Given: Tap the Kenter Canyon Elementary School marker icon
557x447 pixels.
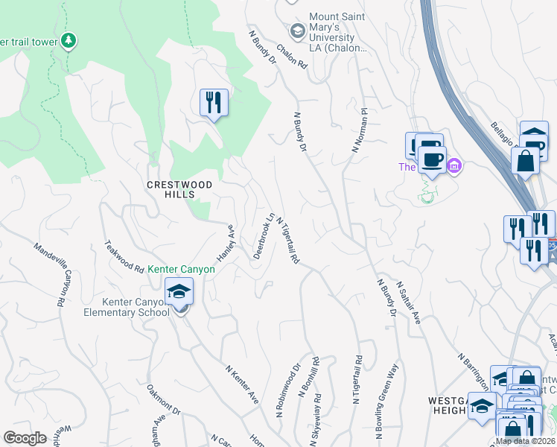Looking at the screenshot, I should click(179, 293).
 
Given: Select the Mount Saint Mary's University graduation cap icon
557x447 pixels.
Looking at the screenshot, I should click(298, 31).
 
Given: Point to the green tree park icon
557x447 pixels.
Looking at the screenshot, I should click(69, 39).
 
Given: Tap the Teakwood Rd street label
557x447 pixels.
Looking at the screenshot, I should click(124, 255).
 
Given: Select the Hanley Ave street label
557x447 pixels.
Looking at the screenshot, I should click(226, 244).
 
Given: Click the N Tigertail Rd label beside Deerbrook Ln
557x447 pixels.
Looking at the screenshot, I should click(287, 241).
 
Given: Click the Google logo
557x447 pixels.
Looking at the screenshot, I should click(25, 438).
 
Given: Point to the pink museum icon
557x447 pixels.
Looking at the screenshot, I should click(454, 165).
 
